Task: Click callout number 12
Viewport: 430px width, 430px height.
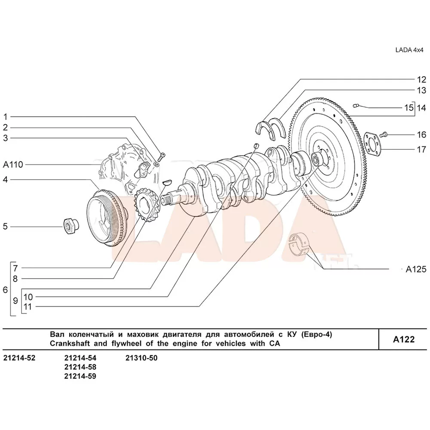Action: [421, 80]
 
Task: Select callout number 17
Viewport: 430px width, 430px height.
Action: [421, 150]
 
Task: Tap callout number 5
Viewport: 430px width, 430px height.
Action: [6, 226]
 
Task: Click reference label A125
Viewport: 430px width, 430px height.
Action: [415, 270]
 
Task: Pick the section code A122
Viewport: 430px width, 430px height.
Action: [404, 339]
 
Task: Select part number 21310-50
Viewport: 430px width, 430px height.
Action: [141, 358]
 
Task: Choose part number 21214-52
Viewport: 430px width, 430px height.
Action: [19, 358]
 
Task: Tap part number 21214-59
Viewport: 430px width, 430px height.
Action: [80, 376]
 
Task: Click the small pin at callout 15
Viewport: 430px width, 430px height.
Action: [356, 104]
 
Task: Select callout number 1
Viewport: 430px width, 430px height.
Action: [6, 117]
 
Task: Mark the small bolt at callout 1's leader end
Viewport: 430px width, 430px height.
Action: [162, 155]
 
